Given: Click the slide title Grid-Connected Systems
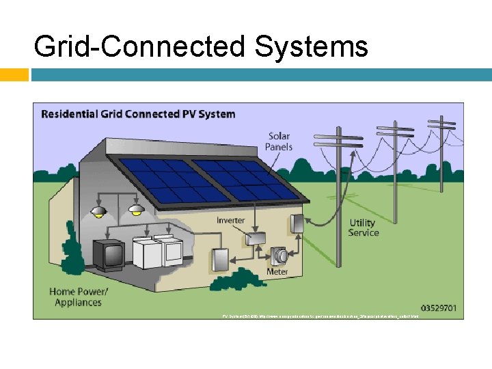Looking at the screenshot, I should click(200, 47).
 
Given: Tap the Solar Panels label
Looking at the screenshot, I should click(279, 141).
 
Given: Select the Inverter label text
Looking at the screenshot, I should click(231, 221).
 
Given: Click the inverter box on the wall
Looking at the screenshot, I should click(256, 237).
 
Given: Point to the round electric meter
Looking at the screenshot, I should click(279, 256).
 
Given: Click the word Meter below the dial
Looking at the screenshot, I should click(277, 272).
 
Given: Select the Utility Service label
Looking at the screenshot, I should click(363, 228).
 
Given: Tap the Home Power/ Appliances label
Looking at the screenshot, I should click(79, 297).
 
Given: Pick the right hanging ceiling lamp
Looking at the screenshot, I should click(137, 210).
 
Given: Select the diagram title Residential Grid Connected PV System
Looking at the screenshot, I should click(139, 114).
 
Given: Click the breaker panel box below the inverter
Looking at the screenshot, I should click(220, 260).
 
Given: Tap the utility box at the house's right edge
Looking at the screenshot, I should click(297, 223).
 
